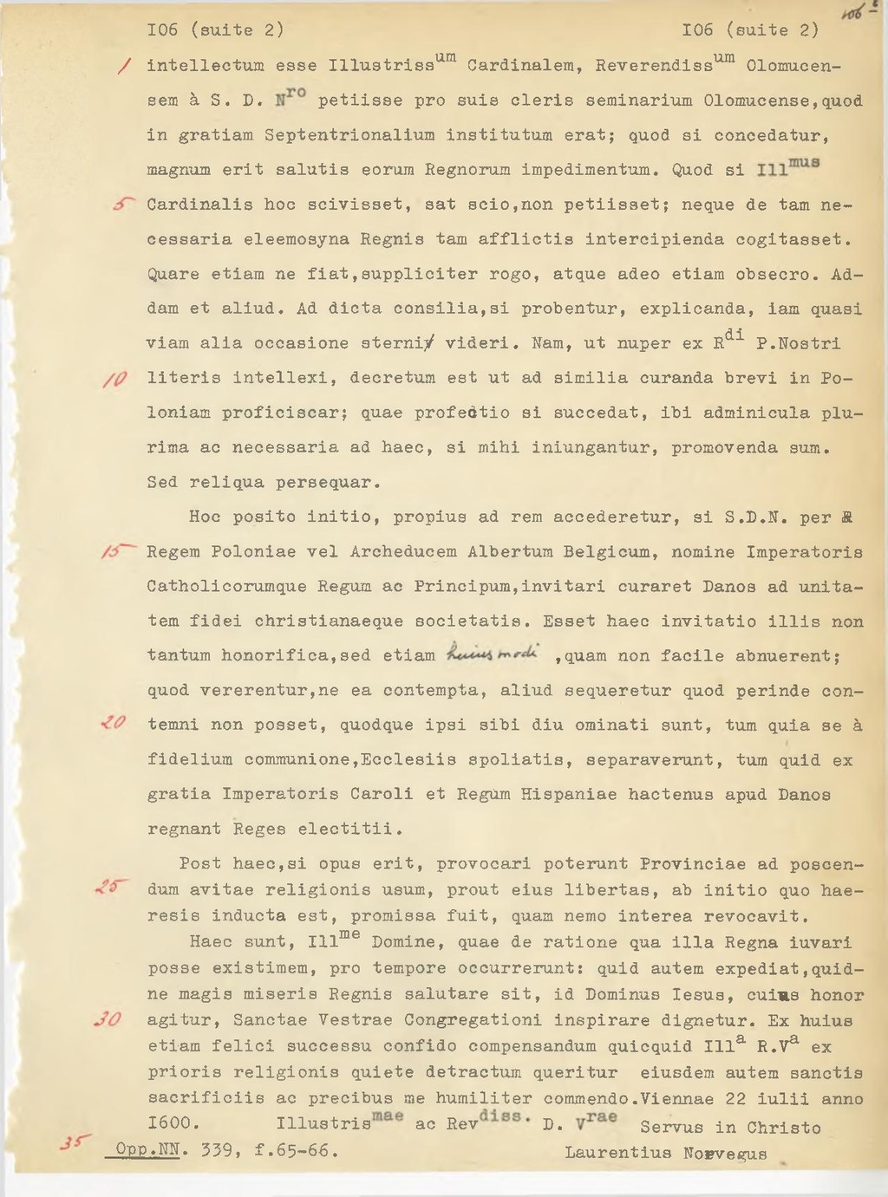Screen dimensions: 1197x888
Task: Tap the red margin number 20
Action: pos(114,723)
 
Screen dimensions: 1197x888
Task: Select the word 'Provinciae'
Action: pos(693,864)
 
